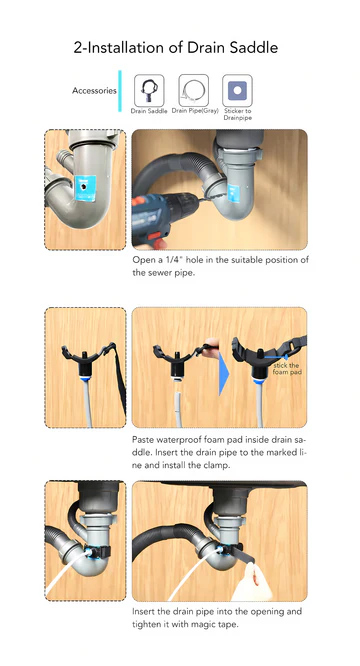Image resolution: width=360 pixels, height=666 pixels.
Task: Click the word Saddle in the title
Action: pos(254,47)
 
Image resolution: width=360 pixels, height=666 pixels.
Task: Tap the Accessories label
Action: pos(94,90)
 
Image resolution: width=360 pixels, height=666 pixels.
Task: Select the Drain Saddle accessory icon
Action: pos(149,90)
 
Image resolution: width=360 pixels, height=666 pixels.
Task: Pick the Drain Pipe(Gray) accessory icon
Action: pos(194,90)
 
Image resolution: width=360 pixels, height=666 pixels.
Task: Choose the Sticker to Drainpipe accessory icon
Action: pos(237,90)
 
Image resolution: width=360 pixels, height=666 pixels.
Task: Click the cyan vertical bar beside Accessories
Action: pos(120,91)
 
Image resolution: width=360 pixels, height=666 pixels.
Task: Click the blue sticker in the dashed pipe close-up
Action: pos(85,188)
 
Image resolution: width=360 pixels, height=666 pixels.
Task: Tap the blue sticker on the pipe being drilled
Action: pos(233,193)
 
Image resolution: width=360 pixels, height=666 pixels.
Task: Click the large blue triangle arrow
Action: pos(224,374)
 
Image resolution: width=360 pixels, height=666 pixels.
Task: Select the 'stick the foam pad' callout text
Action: pos(287,369)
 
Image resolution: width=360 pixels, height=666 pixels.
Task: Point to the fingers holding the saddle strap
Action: pos(211,346)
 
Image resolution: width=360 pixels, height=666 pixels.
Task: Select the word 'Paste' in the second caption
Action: pos(142,439)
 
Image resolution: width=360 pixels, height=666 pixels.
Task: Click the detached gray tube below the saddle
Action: pos(179,409)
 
